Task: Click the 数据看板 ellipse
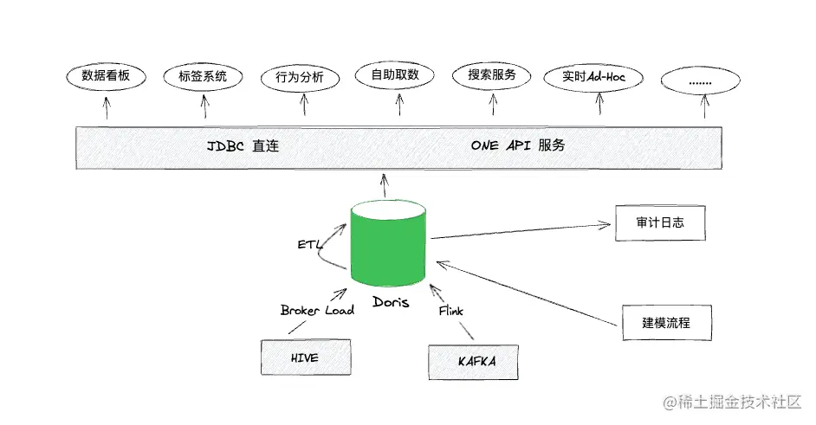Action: point(106,76)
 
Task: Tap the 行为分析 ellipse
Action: point(300,78)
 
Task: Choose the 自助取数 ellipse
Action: point(395,75)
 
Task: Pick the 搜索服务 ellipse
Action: point(492,75)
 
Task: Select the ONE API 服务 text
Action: point(518,145)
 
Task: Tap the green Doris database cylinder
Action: point(388,242)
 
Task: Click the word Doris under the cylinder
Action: point(391,302)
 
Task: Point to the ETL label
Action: point(309,245)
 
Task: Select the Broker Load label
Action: point(317,310)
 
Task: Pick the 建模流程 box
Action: point(665,322)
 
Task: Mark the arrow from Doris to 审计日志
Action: point(520,230)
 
